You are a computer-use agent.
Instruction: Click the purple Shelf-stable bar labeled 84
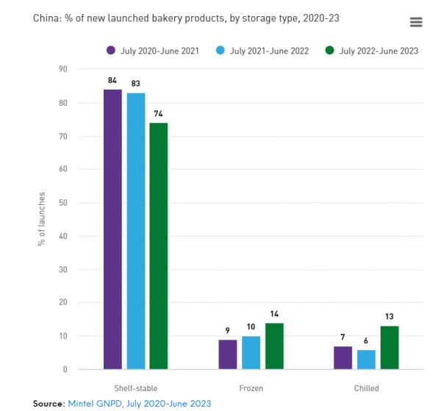pos(112,229)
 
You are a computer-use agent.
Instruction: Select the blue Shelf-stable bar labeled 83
pos(135,231)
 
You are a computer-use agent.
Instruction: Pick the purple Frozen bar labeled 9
pos(228,354)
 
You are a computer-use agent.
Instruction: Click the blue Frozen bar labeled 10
pos(251,352)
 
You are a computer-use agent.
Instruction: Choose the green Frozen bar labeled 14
pos(273,346)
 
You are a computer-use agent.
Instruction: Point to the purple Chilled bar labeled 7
pos(343,357)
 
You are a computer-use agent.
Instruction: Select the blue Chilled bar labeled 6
pos(365,359)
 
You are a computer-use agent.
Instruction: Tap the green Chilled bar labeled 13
pos(389,347)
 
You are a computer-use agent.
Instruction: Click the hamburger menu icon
pos(416,22)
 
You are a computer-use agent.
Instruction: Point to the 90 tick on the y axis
pos(63,69)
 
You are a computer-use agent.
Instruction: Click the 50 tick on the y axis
pos(63,203)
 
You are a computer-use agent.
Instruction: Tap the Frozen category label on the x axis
pos(251,387)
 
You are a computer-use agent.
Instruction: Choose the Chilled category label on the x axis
pos(365,387)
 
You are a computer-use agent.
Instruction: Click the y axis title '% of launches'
pos(42,219)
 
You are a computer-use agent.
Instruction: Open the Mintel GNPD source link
pos(139,404)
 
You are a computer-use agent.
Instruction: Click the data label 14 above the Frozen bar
pos(274,314)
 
